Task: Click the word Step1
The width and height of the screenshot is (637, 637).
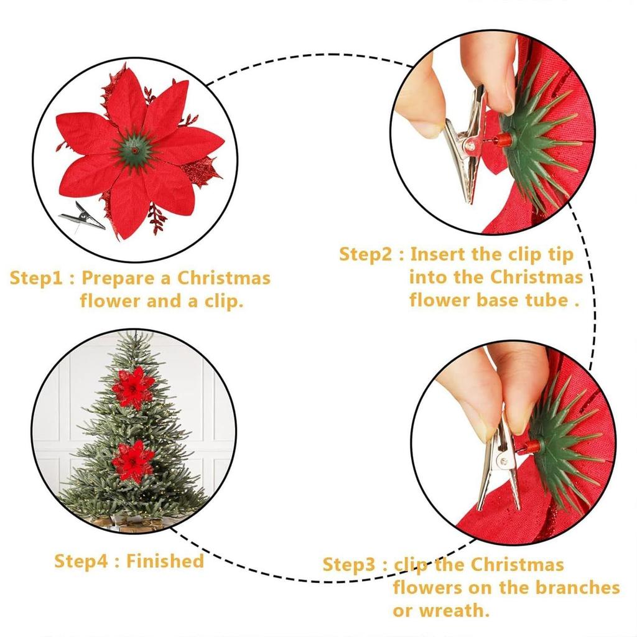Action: (x=39, y=278)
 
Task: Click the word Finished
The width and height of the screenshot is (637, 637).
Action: (x=165, y=561)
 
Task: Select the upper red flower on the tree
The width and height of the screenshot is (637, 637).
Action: (x=133, y=388)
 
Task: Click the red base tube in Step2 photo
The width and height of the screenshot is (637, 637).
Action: (x=503, y=141)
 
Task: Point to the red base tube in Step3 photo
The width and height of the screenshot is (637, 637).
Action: (x=531, y=447)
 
